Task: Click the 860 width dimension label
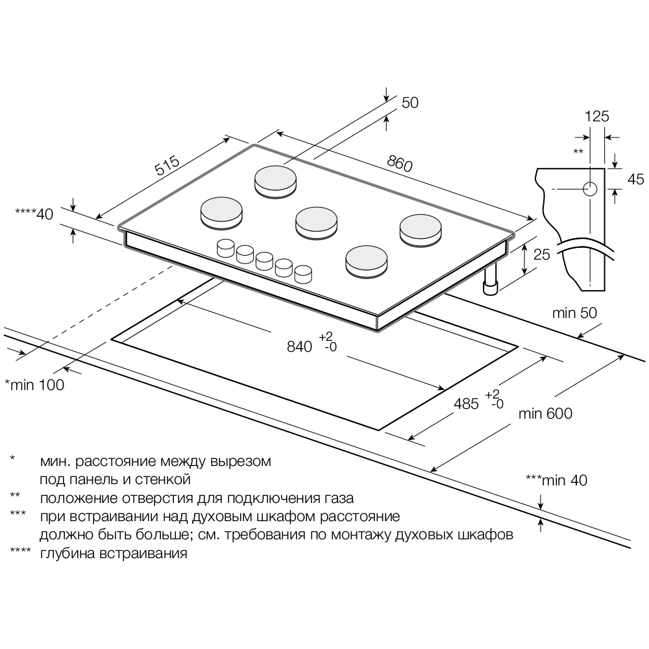coord(399,162)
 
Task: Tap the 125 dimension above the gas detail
coord(597,117)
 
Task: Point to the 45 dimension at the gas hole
coord(628,180)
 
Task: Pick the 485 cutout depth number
coord(465,404)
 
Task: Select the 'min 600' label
coord(545,413)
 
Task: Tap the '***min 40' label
coord(556,480)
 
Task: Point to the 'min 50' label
coord(574,313)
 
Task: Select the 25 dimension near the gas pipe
coord(541,254)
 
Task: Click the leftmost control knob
coord(225,247)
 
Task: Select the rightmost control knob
coord(303,273)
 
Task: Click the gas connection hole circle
coord(589,189)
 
